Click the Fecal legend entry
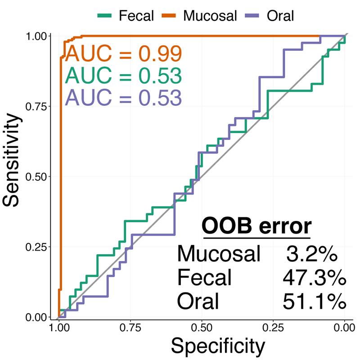(x=126, y=16)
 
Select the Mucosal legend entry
(x=198, y=16)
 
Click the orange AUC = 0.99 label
(x=123, y=54)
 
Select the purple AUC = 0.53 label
(x=123, y=97)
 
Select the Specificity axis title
(x=217, y=346)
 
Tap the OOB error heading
(x=256, y=225)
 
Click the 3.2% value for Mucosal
(x=312, y=255)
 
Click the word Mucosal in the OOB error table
(x=219, y=255)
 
